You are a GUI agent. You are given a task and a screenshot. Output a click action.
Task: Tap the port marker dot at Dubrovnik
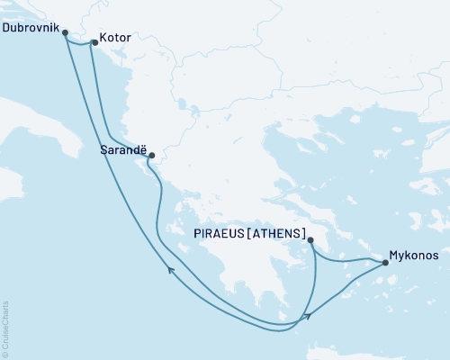coord(65,32)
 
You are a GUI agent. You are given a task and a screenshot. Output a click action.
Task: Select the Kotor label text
coord(116,41)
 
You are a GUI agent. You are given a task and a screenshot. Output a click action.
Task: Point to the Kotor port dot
coord(94,41)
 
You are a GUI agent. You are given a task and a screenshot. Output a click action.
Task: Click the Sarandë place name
coord(121,153)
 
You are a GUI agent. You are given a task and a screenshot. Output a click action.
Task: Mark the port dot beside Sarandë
coord(150,154)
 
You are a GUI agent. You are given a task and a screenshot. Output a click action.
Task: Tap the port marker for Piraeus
coord(310,240)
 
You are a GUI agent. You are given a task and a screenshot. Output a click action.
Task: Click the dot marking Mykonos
coord(385,263)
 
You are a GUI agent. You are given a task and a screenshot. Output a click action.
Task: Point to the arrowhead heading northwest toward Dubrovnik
coord(169,268)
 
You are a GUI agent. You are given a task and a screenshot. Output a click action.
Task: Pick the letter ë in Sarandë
coord(140,153)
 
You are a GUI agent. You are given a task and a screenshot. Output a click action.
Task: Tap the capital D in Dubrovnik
coord(7,28)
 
